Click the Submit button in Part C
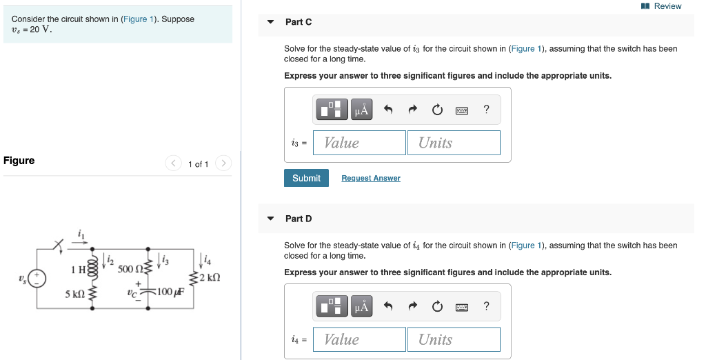point(306,178)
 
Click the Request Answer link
point(371,178)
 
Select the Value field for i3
point(359,143)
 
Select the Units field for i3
point(454,143)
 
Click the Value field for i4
point(359,339)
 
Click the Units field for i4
point(454,339)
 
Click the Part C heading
point(299,22)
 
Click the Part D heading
point(299,219)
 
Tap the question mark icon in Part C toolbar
point(487,109)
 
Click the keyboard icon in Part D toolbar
point(462,306)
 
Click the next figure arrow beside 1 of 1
point(223,163)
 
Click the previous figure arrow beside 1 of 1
point(173,163)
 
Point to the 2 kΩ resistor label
point(210,277)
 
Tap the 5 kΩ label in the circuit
point(75,294)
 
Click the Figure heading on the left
point(19,161)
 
